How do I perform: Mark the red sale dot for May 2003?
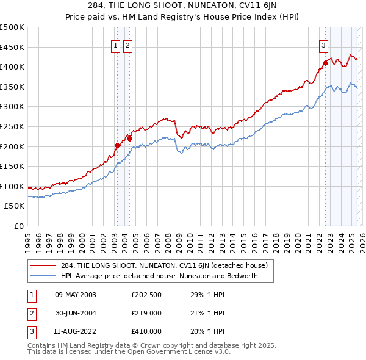tap(117, 145)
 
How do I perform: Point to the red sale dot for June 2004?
tap(129, 139)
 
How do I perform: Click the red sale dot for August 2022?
tap(325, 62)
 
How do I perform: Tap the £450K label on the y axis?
tap(12, 47)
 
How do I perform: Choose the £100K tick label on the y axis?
tap(12, 186)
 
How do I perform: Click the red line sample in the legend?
tap(43, 265)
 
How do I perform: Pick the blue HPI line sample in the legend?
tap(43, 276)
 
